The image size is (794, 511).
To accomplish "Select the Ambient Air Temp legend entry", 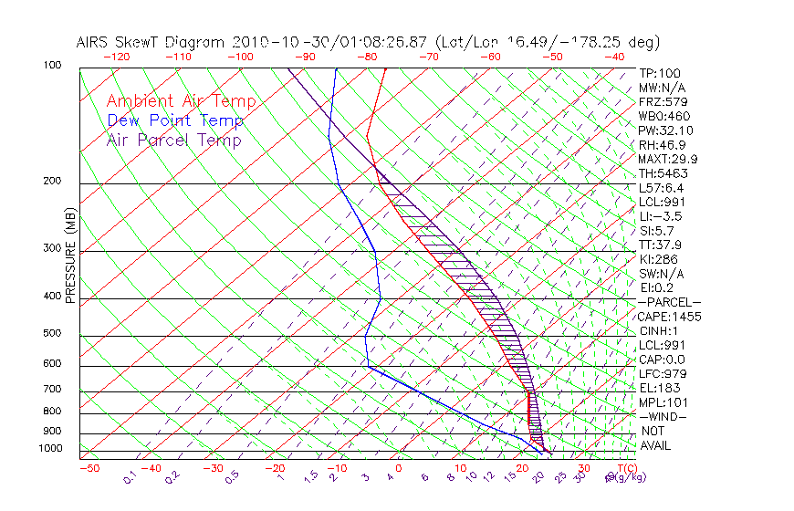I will click(x=181, y=101).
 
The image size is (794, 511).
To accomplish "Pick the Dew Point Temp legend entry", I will click(x=174, y=120).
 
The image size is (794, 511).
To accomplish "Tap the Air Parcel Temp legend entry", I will click(x=173, y=140).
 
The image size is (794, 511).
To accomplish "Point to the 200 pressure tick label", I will click(x=52, y=181).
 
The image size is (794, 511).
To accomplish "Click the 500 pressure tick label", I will click(x=52, y=333).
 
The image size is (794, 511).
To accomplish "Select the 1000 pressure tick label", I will click(x=50, y=448).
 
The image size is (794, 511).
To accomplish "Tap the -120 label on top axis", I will click(x=116, y=57).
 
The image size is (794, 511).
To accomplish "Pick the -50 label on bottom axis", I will click(x=89, y=468).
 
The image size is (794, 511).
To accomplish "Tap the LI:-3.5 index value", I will click(x=659, y=216).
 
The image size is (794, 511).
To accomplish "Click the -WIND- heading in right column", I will click(x=663, y=416).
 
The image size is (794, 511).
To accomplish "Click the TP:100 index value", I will click(x=659, y=73).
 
